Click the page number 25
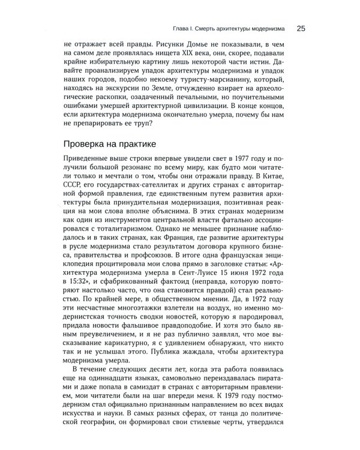click(x=301, y=28)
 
